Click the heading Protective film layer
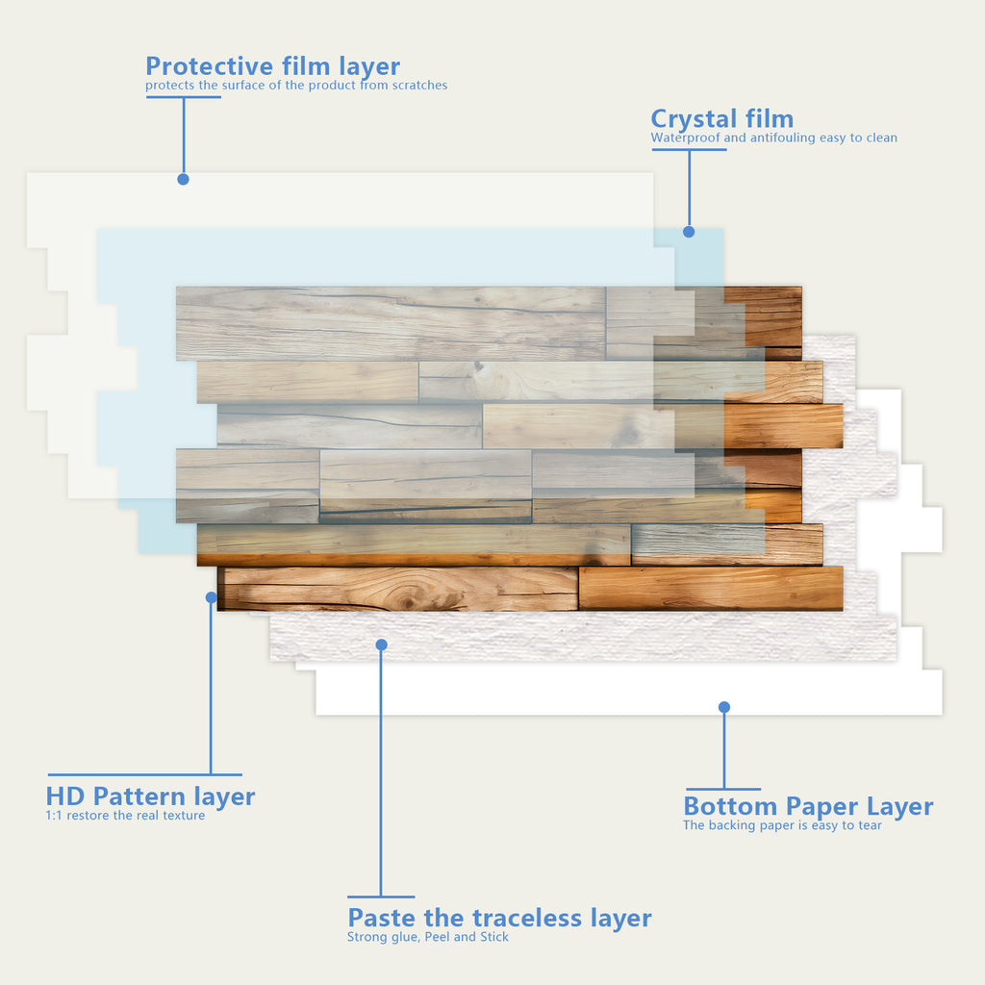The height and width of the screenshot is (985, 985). [x=272, y=66]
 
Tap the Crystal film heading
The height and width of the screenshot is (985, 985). [x=721, y=119]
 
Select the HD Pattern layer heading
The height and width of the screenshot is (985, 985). [x=150, y=796]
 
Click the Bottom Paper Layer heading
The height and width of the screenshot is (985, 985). [x=808, y=806]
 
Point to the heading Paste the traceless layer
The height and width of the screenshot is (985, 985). [x=499, y=918]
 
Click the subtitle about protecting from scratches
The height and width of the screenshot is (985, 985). [x=296, y=86]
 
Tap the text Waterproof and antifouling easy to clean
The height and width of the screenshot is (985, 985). [x=773, y=138]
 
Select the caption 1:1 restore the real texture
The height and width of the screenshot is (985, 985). [x=125, y=816]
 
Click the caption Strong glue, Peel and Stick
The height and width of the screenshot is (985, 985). [x=428, y=937]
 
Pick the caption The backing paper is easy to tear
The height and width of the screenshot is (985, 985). [x=782, y=825]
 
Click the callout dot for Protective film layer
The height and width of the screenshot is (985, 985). [x=183, y=179]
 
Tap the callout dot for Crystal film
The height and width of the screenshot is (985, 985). [x=689, y=232]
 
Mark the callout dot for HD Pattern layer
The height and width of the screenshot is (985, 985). [x=211, y=597]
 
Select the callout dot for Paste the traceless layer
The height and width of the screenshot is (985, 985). [x=382, y=644]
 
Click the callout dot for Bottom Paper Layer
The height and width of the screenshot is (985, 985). [x=724, y=707]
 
